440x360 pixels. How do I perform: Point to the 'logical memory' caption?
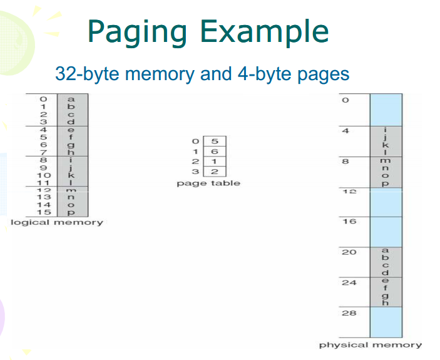[x=58, y=222]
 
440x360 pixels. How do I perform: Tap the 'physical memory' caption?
[x=371, y=344]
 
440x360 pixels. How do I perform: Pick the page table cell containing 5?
[x=214, y=141]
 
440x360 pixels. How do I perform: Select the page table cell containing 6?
[x=214, y=152]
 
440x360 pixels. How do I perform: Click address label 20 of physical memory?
[x=349, y=252]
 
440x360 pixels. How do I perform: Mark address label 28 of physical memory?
[x=349, y=312]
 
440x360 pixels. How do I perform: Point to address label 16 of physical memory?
[x=349, y=222]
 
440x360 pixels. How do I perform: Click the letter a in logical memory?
[x=70, y=99]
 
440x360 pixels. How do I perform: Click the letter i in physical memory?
[x=386, y=130]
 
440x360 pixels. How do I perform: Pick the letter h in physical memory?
[x=386, y=303]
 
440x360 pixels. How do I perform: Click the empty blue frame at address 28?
[x=386, y=322]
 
